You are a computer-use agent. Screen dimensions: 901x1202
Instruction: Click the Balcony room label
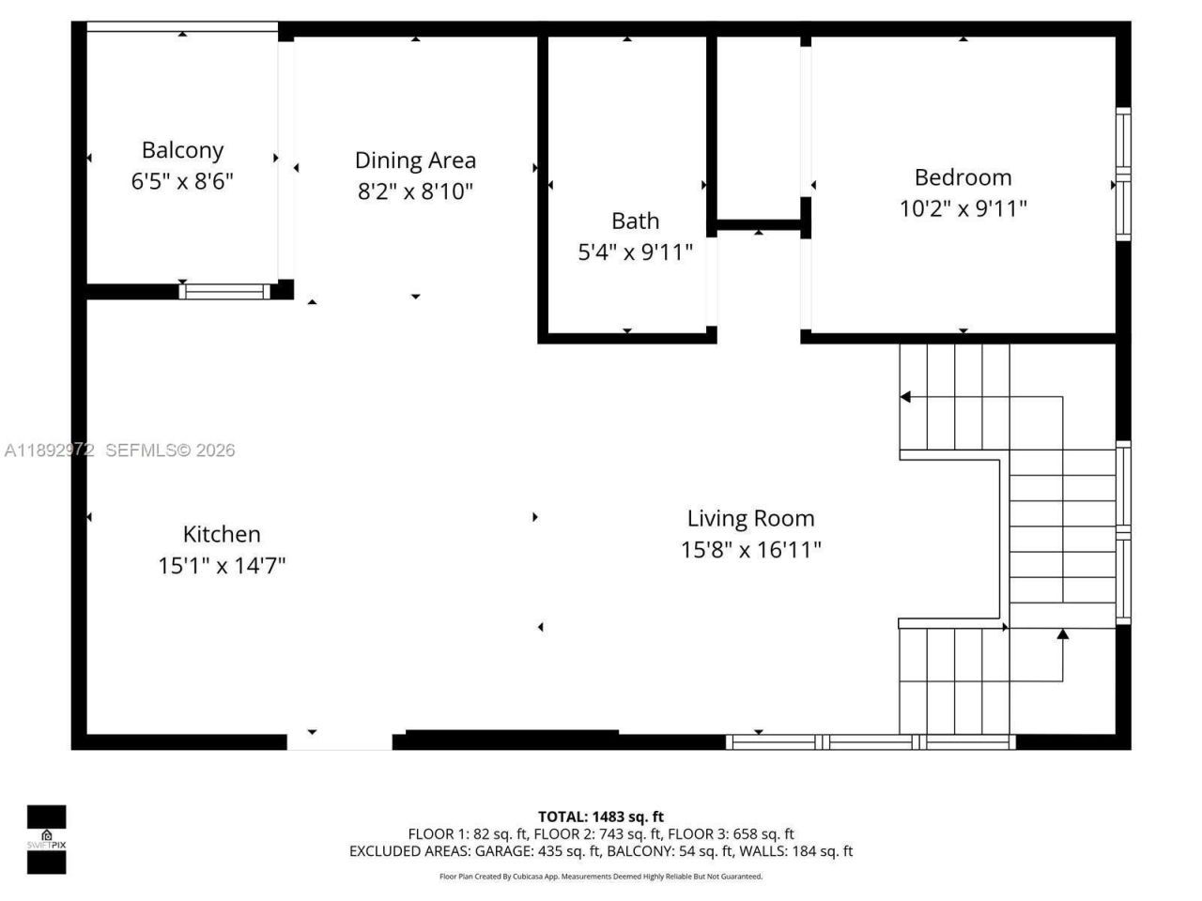(182, 150)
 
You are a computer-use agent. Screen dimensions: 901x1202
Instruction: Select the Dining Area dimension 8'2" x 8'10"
(415, 191)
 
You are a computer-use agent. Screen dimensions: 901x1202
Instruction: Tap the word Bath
(635, 221)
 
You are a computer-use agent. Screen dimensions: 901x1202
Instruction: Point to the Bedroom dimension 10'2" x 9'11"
(963, 208)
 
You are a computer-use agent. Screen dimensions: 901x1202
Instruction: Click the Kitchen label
(222, 534)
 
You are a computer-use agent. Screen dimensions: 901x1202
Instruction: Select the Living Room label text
(750, 518)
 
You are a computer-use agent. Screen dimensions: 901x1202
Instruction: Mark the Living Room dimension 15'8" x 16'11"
(750, 549)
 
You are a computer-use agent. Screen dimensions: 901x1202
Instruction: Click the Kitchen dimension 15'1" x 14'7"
(222, 565)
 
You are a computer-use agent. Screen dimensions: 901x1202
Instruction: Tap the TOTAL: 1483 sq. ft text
(600, 817)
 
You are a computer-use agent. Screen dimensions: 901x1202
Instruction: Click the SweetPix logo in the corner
(46, 839)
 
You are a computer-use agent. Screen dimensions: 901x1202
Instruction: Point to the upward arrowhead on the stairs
(1062, 634)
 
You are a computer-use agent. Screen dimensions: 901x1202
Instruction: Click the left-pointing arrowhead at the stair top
(905, 397)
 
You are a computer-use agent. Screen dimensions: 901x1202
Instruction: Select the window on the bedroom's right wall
(1122, 174)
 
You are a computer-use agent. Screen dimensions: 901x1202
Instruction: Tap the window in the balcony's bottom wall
(224, 291)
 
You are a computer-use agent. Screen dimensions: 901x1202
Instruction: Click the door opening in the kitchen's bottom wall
(339, 741)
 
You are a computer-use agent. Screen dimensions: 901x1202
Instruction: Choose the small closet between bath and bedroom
(759, 127)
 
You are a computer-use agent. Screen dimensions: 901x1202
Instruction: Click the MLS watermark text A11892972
(49, 450)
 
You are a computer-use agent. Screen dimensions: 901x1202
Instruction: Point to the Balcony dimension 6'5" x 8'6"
(182, 181)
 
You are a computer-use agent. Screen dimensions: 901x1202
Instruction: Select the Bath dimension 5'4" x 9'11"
(635, 252)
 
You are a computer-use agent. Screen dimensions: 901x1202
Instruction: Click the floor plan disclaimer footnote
(600, 877)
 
